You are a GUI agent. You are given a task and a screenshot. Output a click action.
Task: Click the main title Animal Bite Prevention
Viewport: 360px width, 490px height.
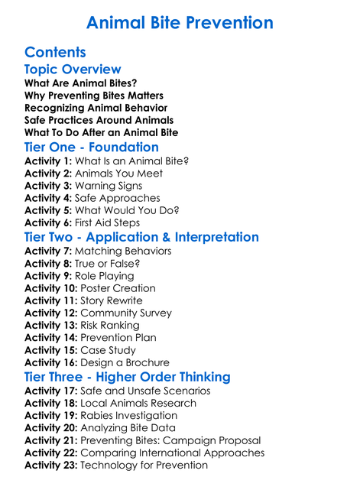(180, 22)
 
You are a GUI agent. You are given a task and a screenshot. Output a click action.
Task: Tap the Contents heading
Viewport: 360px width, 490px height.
(55, 53)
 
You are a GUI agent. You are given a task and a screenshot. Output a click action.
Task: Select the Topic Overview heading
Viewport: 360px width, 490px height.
(73, 70)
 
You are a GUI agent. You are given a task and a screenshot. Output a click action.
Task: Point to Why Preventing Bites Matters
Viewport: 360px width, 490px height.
(93, 96)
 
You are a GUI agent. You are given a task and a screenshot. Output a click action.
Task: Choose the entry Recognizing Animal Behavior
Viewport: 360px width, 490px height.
(96, 108)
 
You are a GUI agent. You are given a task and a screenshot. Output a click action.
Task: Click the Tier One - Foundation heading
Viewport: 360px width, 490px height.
(92, 147)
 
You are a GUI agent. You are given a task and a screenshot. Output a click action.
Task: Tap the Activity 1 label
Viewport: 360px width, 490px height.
(48, 161)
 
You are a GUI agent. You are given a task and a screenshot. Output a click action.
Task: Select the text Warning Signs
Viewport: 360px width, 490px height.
(108, 186)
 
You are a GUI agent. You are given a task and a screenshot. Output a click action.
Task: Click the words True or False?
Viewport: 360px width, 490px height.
(107, 264)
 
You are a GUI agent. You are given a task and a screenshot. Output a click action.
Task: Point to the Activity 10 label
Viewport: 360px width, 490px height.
(51, 288)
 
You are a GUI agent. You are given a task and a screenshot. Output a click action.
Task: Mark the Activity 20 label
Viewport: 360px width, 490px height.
(51, 428)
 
